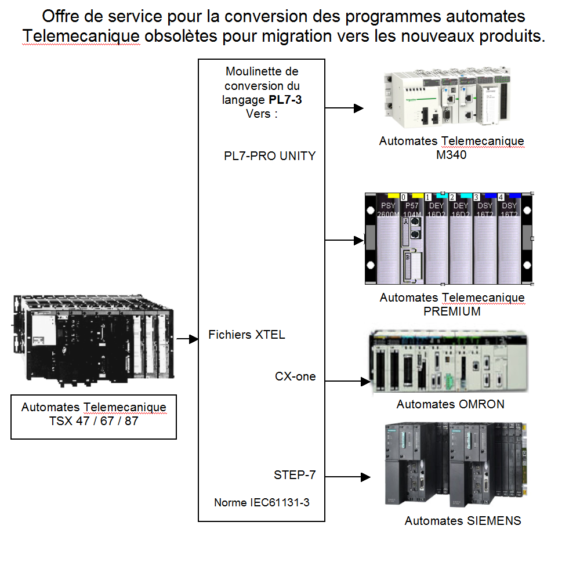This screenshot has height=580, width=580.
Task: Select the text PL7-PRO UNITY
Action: pyautogui.click(x=270, y=155)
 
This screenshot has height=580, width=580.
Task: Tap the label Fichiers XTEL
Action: pyautogui.click(x=246, y=335)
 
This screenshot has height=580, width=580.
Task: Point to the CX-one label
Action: pyautogui.click(x=295, y=376)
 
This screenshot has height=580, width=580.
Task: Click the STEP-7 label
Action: pyautogui.click(x=295, y=475)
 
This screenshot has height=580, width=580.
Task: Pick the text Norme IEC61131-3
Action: pyautogui.click(x=262, y=502)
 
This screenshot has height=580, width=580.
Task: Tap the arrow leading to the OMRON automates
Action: pyautogui.click(x=347, y=381)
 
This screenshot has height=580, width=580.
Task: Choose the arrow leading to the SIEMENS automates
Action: pyautogui.click(x=347, y=477)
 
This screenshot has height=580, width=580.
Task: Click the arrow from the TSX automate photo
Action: pyautogui.click(x=187, y=339)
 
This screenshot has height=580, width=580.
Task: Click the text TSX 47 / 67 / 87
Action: pyautogui.click(x=94, y=421)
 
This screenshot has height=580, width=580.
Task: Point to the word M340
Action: pyautogui.click(x=452, y=155)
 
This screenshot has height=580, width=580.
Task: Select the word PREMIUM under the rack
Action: pyautogui.click(x=452, y=311)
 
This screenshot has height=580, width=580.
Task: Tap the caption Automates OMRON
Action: pyautogui.click(x=450, y=404)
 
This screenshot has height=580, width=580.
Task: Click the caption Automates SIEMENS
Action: pyautogui.click(x=463, y=521)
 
